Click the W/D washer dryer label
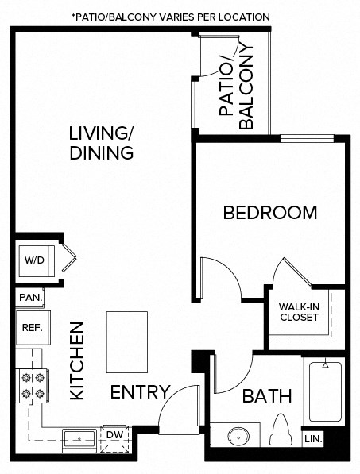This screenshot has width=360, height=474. pyautogui.click(x=33, y=260)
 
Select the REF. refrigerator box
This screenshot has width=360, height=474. pyautogui.click(x=31, y=326)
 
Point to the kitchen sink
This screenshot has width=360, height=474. pyautogui.click(x=80, y=437)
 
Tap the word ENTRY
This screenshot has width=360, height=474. pyautogui.click(x=140, y=392)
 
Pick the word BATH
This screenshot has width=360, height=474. pyautogui.click(x=267, y=395)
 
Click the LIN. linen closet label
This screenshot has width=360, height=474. pyautogui.click(x=313, y=438)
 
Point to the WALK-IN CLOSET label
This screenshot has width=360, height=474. pyautogui.click(x=299, y=312)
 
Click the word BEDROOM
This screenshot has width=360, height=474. pyautogui.click(x=269, y=213)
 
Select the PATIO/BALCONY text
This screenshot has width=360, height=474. pyautogui.click(x=236, y=89)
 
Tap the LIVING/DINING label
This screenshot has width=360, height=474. pyautogui.click(x=100, y=142)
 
